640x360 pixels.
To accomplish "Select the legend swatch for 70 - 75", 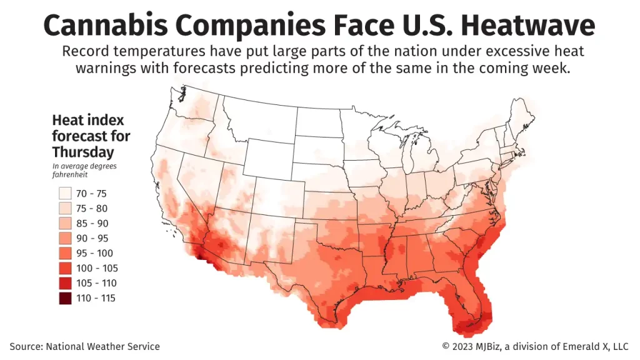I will click(65, 193).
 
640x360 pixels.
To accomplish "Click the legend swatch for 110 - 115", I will click(65, 298).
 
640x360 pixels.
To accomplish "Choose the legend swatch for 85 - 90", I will click(65, 223).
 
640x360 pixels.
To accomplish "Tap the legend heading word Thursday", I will click(83, 152).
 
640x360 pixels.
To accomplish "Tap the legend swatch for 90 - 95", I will click(65, 238).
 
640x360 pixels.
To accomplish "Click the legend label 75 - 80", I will click(93, 208).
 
